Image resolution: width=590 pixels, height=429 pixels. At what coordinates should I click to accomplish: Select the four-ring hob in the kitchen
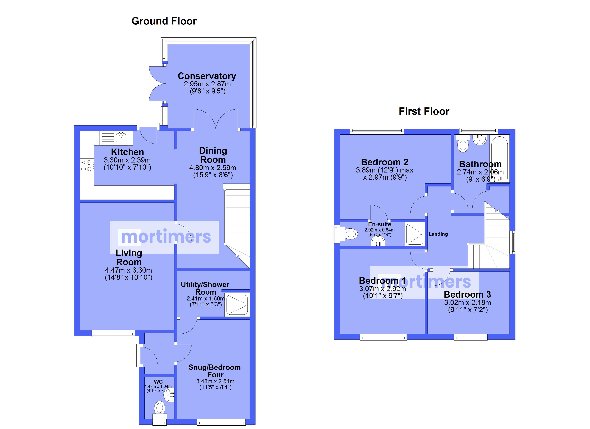click(87, 166)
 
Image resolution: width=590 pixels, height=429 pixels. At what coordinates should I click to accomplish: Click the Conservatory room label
click(207, 76)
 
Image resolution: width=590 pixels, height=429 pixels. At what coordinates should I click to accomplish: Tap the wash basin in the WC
click(169, 396)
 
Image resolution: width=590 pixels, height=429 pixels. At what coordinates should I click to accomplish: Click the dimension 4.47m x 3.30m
click(129, 270)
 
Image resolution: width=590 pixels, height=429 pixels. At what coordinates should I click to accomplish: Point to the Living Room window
click(113, 333)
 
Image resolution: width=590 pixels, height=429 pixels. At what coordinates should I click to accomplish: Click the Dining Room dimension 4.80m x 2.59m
click(213, 168)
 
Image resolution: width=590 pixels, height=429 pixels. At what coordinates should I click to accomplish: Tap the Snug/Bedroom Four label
click(215, 371)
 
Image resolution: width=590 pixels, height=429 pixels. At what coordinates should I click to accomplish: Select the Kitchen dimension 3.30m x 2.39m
click(127, 160)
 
